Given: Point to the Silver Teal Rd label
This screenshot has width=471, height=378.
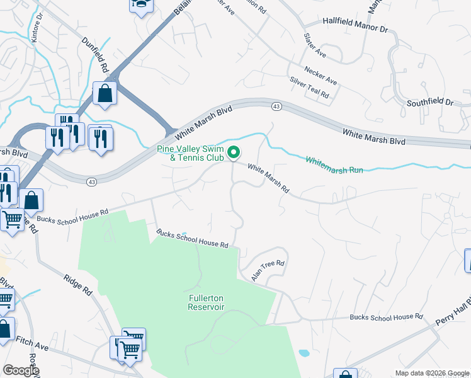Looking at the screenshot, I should (x=309, y=88).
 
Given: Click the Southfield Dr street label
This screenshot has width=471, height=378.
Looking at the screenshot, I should (x=430, y=101).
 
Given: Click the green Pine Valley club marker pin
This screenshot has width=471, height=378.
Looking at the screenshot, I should (x=234, y=152).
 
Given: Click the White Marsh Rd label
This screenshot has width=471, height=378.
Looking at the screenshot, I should (x=268, y=179).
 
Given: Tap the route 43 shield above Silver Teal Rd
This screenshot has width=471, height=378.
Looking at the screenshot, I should (x=276, y=106).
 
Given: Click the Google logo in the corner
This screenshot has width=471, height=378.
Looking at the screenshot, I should (x=21, y=370).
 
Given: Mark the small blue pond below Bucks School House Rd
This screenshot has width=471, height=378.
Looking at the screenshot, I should (x=304, y=353).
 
